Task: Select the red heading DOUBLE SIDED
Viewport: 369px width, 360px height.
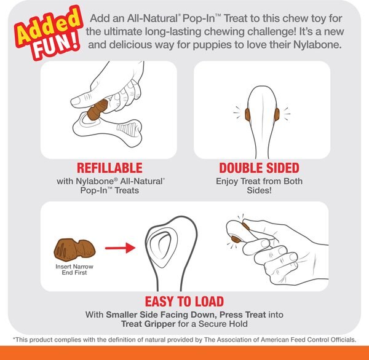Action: tap(259, 168)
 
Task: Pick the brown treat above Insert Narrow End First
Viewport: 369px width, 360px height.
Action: tap(73, 249)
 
